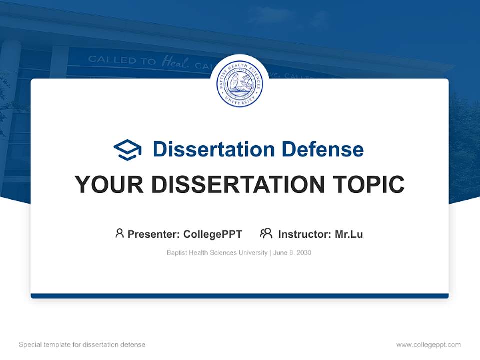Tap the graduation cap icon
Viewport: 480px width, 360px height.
(x=127, y=150)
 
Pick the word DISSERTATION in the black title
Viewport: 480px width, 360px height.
(x=237, y=185)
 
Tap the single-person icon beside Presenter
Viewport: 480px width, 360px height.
(x=119, y=233)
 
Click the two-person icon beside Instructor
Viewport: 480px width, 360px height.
(x=266, y=233)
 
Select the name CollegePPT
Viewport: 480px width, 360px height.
(x=213, y=234)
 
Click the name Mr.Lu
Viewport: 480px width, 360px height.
(x=349, y=234)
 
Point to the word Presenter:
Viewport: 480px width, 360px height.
(x=154, y=234)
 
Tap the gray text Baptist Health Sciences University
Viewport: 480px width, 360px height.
(x=217, y=253)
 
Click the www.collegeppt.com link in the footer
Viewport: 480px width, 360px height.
(x=428, y=345)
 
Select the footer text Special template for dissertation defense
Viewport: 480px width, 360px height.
(x=82, y=345)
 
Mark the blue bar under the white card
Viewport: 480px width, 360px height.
(x=240, y=296)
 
